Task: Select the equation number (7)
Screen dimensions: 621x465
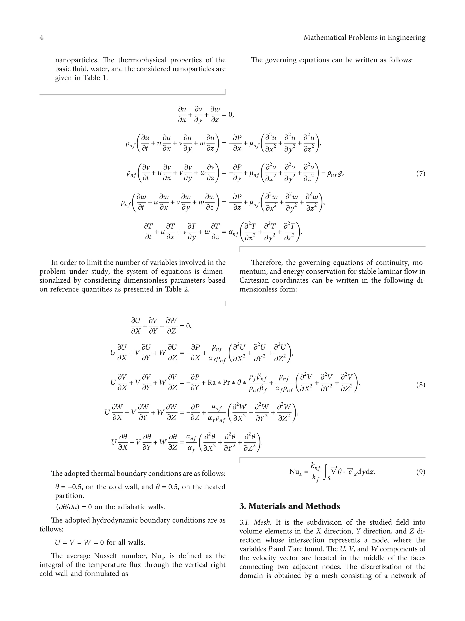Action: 420,173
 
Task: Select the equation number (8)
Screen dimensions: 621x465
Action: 420,385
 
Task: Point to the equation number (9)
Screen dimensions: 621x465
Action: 420,472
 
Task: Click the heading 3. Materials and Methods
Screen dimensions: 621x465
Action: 289,506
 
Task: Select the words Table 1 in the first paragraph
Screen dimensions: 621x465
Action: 95,78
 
